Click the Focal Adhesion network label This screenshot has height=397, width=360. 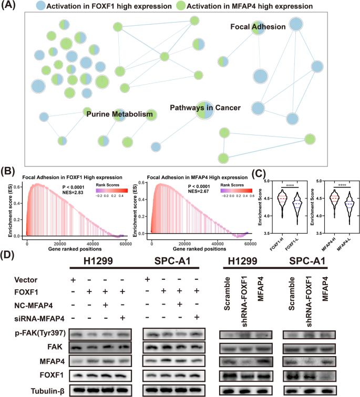[x=258, y=27]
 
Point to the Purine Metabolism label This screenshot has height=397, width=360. [x=119, y=114]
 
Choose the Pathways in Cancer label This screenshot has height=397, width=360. [x=205, y=107]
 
